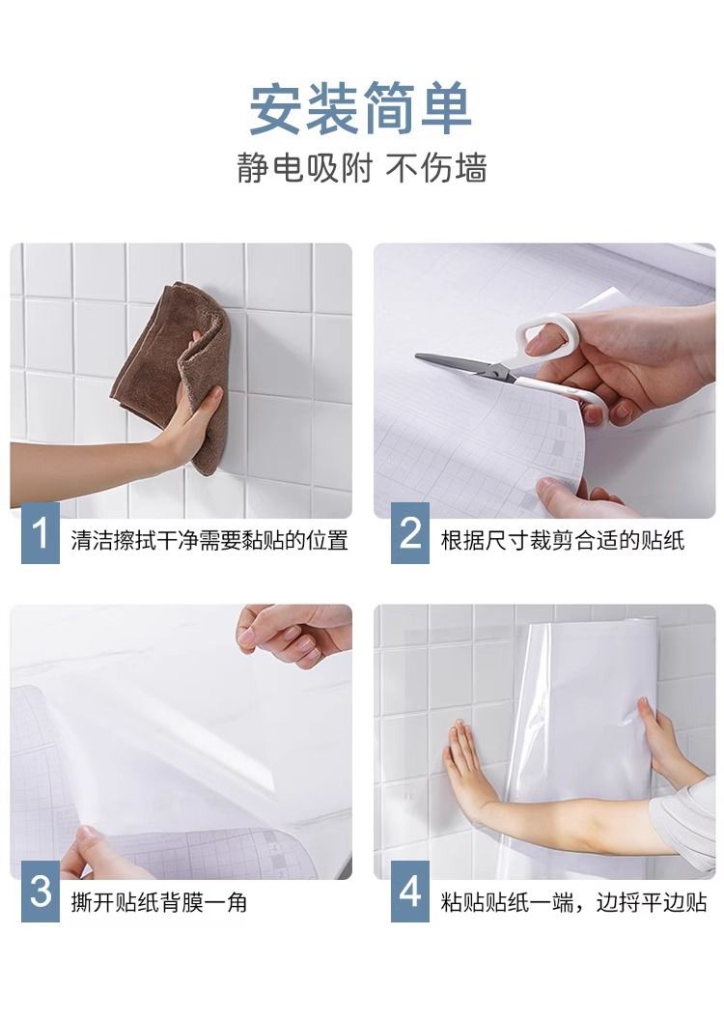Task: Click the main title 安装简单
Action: click(x=361, y=108)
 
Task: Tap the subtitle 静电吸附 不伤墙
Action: click(x=361, y=168)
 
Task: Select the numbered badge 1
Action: click(x=41, y=533)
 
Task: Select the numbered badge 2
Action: click(x=410, y=533)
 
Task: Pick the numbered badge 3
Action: click(x=41, y=891)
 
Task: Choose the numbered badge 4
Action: click(x=410, y=891)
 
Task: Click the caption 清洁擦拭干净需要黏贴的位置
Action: click(x=209, y=540)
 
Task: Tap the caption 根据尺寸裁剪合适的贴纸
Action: click(x=563, y=540)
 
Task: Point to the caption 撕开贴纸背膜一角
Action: click(x=159, y=902)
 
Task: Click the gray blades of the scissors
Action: click(x=462, y=365)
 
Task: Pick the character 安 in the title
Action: click(x=276, y=108)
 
